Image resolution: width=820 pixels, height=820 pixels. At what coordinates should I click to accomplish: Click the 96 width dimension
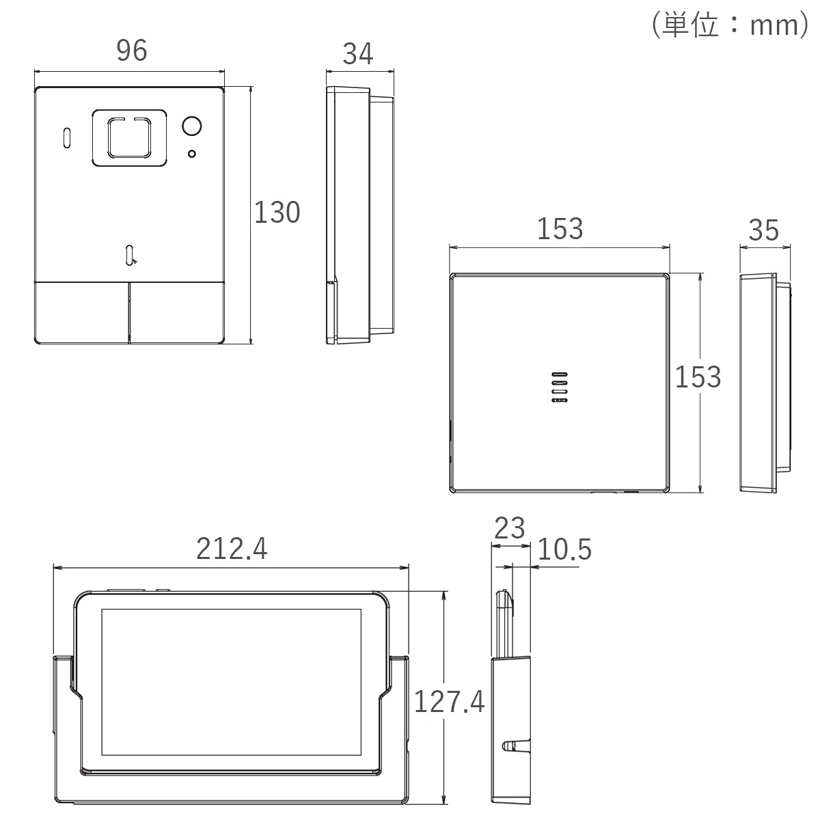(x=132, y=51)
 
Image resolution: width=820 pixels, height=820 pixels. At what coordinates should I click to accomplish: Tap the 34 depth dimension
(x=358, y=54)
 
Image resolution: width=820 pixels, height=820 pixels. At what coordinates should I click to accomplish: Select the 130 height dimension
(x=277, y=212)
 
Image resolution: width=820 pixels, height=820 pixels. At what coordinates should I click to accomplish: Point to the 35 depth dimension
(x=763, y=230)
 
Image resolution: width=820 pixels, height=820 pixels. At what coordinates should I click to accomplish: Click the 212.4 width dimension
(x=232, y=549)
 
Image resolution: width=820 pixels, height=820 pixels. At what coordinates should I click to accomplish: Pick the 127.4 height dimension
(x=450, y=702)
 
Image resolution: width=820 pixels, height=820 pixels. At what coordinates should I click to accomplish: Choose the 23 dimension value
(x=509, y=528)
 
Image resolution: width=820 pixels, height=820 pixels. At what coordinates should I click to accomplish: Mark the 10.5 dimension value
(x=564, y=549)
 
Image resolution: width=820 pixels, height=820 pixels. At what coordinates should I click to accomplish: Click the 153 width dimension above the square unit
(x=560, y=229)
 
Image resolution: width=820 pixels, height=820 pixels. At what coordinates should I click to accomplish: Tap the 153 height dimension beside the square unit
(x=698, y=377)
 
